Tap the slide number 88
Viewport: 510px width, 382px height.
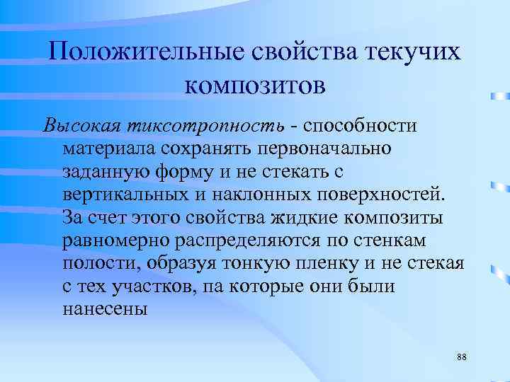462,357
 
